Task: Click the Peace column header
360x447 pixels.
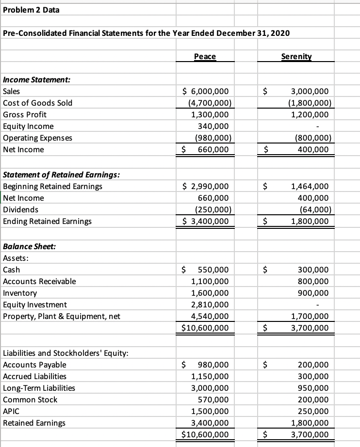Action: pos(205,57)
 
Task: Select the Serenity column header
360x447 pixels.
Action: pos(296,57)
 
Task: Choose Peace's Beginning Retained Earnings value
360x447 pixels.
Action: pos(205,186)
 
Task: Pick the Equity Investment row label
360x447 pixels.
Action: pos(35,305)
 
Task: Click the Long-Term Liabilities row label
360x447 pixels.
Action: pos(39,388)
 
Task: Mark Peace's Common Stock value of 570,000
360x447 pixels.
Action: pos(213,399)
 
